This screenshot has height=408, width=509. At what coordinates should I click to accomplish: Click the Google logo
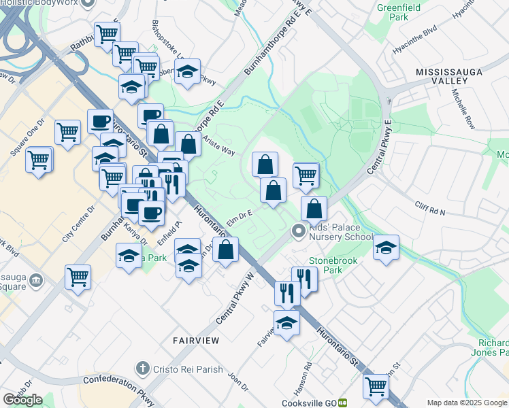tap(22, 400)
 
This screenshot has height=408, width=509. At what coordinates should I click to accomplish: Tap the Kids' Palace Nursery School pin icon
tap(297, 232)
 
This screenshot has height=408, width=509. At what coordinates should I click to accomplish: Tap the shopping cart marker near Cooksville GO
tap(375, 386)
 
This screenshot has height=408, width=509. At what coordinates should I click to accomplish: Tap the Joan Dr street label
tap(238, 381)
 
